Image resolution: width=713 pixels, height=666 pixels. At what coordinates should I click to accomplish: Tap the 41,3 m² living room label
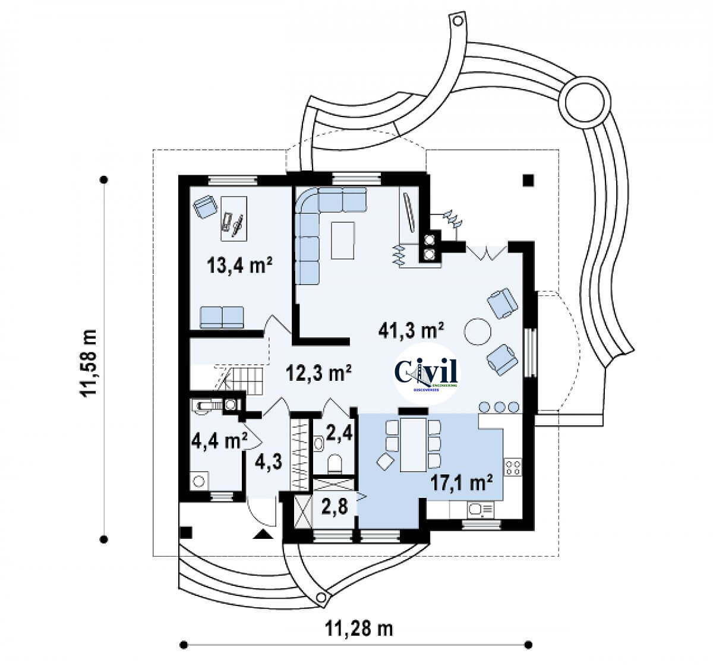point(412,330)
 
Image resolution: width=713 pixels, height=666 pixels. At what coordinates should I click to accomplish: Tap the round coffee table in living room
point(478,332)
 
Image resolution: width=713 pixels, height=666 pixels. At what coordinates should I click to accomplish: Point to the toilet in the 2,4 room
point(335,463)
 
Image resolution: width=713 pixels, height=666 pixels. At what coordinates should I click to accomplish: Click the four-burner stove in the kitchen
point(513,467)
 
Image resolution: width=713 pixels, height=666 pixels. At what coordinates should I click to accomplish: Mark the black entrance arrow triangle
point(262,535)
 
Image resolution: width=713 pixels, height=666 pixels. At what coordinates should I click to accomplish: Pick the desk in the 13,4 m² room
point(233,219)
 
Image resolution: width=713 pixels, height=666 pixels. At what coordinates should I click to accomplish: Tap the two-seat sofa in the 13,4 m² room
point(222,317)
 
